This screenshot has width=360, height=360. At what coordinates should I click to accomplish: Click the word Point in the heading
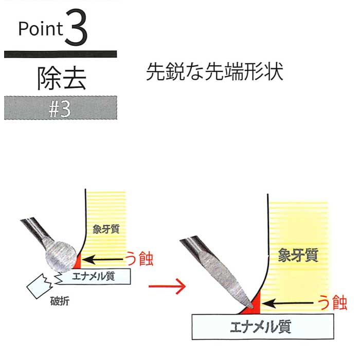(41, 29)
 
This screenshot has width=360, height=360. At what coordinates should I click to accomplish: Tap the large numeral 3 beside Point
(76, 27)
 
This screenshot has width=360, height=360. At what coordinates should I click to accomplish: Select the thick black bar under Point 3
(60, 54)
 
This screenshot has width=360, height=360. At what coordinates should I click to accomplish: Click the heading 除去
(62, 78)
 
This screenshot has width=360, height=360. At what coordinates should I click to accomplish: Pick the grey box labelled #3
(60, 108)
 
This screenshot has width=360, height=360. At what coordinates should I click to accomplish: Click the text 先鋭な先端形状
(214, 71)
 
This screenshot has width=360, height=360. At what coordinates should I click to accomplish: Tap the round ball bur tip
(61, 257)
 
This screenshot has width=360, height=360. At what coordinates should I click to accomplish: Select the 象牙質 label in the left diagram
(106, 229)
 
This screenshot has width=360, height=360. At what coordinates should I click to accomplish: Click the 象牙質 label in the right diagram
(298, 255)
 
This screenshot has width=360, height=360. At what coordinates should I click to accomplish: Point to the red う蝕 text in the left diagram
(139, 259)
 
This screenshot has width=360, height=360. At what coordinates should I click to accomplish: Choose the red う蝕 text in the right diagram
(332, 302)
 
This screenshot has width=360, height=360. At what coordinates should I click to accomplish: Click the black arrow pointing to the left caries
(102, 260)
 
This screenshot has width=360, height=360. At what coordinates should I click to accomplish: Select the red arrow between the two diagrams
(167, 286)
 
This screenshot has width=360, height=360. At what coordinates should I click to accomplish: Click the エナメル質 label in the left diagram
(93, 276)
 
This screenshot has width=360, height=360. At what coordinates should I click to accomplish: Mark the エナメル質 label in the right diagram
(261, 327)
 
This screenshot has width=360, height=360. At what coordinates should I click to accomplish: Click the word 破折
(60, 301)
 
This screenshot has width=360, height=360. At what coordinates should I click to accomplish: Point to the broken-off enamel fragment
(40, 286)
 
